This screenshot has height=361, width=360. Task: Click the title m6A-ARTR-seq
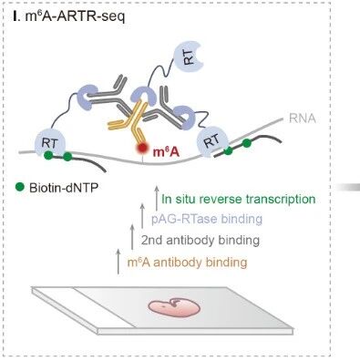coord(69,16)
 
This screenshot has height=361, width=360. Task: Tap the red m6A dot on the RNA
coord(141,148)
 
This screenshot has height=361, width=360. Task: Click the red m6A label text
coord(166,151)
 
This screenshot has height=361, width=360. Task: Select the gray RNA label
coord(303,119)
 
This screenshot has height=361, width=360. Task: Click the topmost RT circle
coord(189,57)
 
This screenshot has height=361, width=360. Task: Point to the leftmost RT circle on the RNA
coord(50,143)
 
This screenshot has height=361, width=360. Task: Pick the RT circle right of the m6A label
coord(212,141)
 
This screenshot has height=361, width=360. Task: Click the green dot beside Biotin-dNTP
coord(20,187)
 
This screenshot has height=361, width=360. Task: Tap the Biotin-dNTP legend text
coord(64,188)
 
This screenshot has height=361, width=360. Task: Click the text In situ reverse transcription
coord(239,199)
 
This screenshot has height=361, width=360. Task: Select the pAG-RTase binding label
coord(207,219)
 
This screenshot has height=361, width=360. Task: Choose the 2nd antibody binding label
coord(201,241)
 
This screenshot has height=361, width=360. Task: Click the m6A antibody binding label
coord(188,262)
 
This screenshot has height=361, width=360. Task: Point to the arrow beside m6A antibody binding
coord(118,262)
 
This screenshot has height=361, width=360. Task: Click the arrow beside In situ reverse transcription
coord(157,198)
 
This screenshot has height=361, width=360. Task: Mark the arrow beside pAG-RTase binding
coord(142,216)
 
